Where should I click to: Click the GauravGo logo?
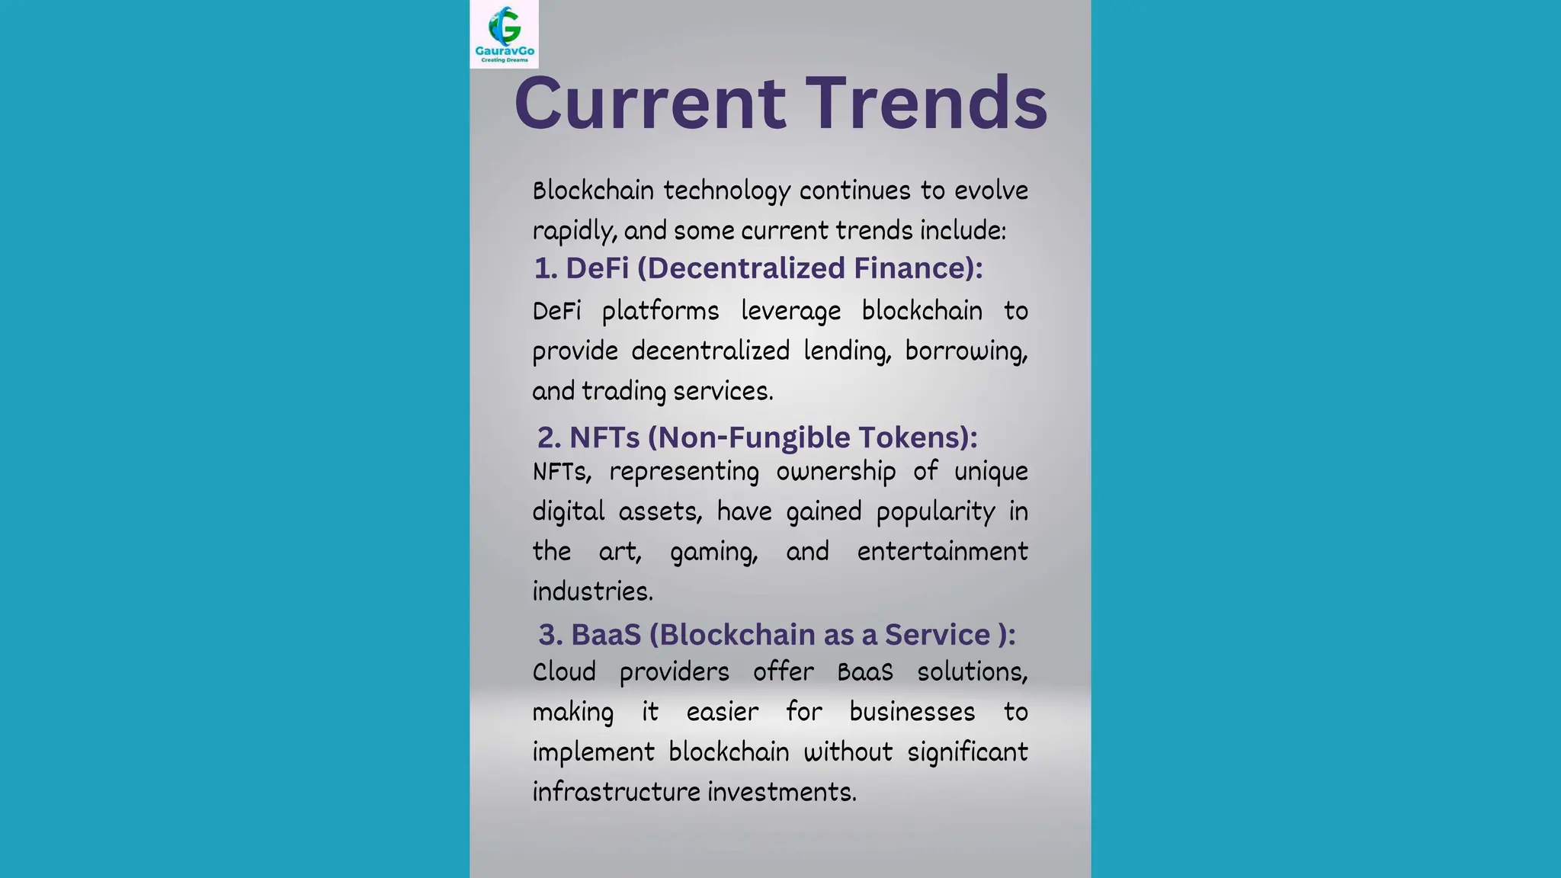pos(504,34)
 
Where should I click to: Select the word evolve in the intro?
pos(991,191)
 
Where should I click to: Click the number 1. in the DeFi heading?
pos(546,268)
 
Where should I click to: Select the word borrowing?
pos(966,351)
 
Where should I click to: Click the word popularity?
pos(935,511)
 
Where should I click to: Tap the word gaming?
pos(713,552)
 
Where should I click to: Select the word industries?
pos(592,591)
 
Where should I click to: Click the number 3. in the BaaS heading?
pos(550,635)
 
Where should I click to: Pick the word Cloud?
pos(564,672)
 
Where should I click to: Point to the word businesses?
pos(912,713)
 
